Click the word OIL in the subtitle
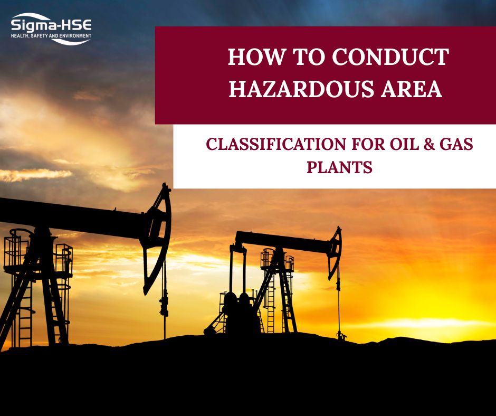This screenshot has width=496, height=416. coord(386,145)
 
